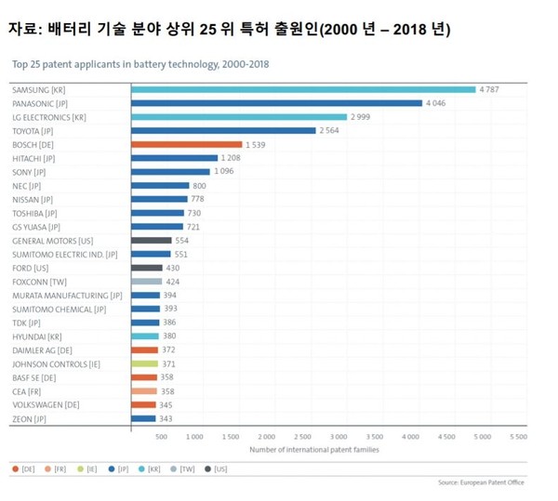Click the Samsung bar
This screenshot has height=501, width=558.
303,89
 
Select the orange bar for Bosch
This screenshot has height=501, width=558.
186,145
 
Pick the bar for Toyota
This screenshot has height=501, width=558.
223,131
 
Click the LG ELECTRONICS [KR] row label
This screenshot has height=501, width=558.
48,117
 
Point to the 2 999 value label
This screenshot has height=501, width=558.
362,117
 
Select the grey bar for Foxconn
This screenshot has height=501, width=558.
146,282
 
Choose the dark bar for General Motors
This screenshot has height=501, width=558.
152,241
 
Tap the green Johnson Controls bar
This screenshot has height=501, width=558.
144,363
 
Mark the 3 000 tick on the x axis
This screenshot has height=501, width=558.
339,436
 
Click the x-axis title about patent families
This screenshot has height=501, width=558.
314,450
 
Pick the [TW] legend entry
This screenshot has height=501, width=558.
186,469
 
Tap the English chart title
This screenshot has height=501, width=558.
140,65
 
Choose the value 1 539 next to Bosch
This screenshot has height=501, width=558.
257,145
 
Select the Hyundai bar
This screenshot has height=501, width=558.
145,336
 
